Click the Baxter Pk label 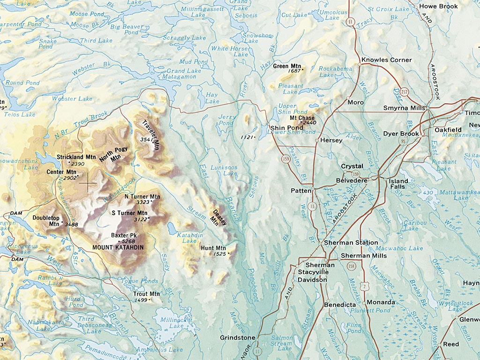tap(124, 235)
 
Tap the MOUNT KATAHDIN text tap(118, 247)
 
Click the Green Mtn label tap(287, 66)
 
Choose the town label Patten tap(300, 191)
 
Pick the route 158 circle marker tap(352, 266)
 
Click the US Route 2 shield tap(364, 286)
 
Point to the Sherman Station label tap(351, 243)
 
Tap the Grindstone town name tap(238, 337)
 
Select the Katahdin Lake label tap(189, 238)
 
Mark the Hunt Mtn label tap(213, 248)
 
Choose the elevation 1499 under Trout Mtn tap(142, 300)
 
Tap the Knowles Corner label tap(387, 60)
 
